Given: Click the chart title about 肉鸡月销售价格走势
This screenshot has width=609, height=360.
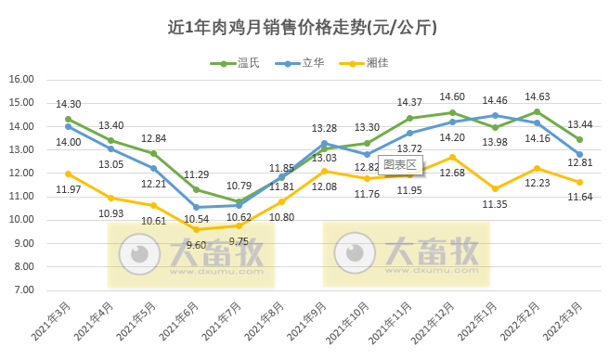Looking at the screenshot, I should pos(304,28).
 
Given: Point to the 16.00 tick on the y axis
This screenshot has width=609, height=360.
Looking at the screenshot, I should pos(20,80).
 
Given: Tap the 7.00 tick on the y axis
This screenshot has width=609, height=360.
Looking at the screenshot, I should pos(22,289).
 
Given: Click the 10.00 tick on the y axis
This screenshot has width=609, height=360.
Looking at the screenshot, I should pos(20,220).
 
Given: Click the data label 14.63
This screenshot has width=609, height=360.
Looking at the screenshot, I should pos(538,96).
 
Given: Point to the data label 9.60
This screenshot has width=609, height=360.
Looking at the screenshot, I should pos(196,244).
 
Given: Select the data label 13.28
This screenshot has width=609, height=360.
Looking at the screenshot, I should pos(324,128).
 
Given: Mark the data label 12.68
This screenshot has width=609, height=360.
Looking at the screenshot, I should pos(452,173).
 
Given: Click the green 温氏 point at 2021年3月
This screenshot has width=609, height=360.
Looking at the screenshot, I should pos(68,119).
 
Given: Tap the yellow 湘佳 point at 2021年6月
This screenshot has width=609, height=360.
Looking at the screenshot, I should pos(196,229).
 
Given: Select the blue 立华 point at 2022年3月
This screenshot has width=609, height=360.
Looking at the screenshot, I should pos(579,154).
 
